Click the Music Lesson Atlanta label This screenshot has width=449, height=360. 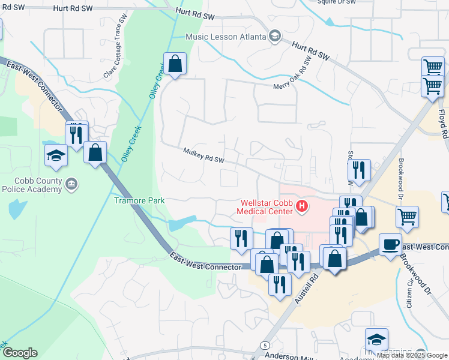coord(225,37)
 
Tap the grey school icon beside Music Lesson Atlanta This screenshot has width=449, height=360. coord(275,36)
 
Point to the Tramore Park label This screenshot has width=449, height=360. coord(139,200)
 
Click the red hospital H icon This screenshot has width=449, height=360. coord(302,207)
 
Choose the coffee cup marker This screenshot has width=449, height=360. coord(390,244)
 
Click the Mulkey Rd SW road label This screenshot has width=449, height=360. coord(203,156)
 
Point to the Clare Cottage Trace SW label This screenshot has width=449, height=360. coord(116,47)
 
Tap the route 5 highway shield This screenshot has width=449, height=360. coord(264,344)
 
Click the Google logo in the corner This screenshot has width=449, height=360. coord(19,353)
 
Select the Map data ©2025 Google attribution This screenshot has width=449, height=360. coord(412,355)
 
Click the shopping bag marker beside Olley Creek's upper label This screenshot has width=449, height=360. coord(175,64)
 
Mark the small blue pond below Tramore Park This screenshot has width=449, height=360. coord(182,224)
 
